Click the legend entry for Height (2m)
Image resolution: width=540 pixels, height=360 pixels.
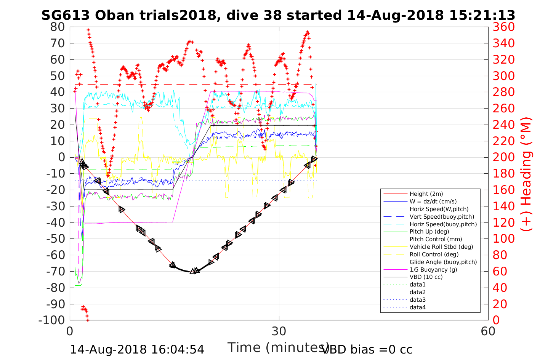click(426, 194)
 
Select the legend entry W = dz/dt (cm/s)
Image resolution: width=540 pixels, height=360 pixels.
click(433, 202)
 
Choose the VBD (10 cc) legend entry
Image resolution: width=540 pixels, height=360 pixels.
click(426, 277)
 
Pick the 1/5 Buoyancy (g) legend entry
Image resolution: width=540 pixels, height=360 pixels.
click(433, 269)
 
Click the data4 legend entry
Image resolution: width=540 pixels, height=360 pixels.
click(417, 307)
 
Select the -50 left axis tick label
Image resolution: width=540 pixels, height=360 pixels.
click(56, 239)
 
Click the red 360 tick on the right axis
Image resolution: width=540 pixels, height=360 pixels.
click(503, 27)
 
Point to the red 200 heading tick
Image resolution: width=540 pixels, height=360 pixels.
click(503, 157)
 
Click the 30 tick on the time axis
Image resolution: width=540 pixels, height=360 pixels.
click(279, 331)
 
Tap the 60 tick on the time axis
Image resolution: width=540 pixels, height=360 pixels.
click(488, 331)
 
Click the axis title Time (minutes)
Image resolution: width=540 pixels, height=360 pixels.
click(278, 347)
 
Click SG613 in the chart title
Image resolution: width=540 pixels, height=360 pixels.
click(65, 15)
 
